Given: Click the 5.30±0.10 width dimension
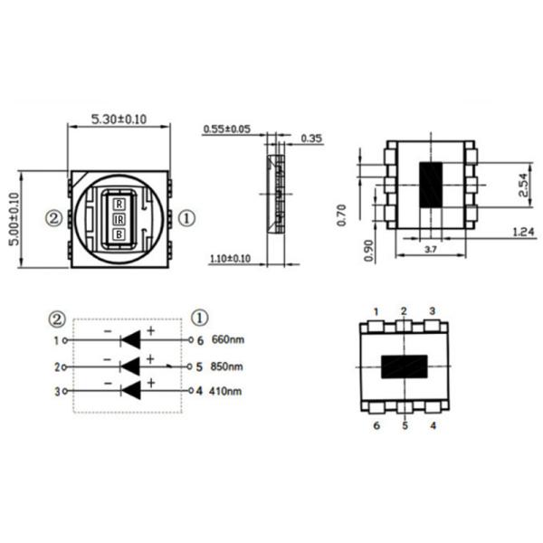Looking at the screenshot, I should tap(119, 119).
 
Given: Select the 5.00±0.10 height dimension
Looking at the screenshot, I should tap(14, 218).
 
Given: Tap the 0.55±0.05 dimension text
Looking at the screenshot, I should tap(226, 129).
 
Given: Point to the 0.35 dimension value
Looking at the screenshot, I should tap(311, 138).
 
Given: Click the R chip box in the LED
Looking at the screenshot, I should tap(119, 203).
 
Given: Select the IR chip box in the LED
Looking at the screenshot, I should tap(119, 218).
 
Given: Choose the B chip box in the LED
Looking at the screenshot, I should tap(119, 233).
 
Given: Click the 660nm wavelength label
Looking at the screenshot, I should tap(227, 341).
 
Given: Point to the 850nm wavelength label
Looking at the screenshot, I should tap(227, 367).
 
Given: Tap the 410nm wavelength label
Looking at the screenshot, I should tap(227, 392).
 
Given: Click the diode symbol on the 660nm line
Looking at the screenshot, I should tap(130, 340).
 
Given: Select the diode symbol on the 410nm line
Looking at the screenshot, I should tap(130, 391).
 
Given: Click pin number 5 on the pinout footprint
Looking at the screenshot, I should tap(405, 425).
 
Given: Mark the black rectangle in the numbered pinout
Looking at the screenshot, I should tap(405, 367).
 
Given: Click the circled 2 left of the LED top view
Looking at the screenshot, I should tap(54, 218).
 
